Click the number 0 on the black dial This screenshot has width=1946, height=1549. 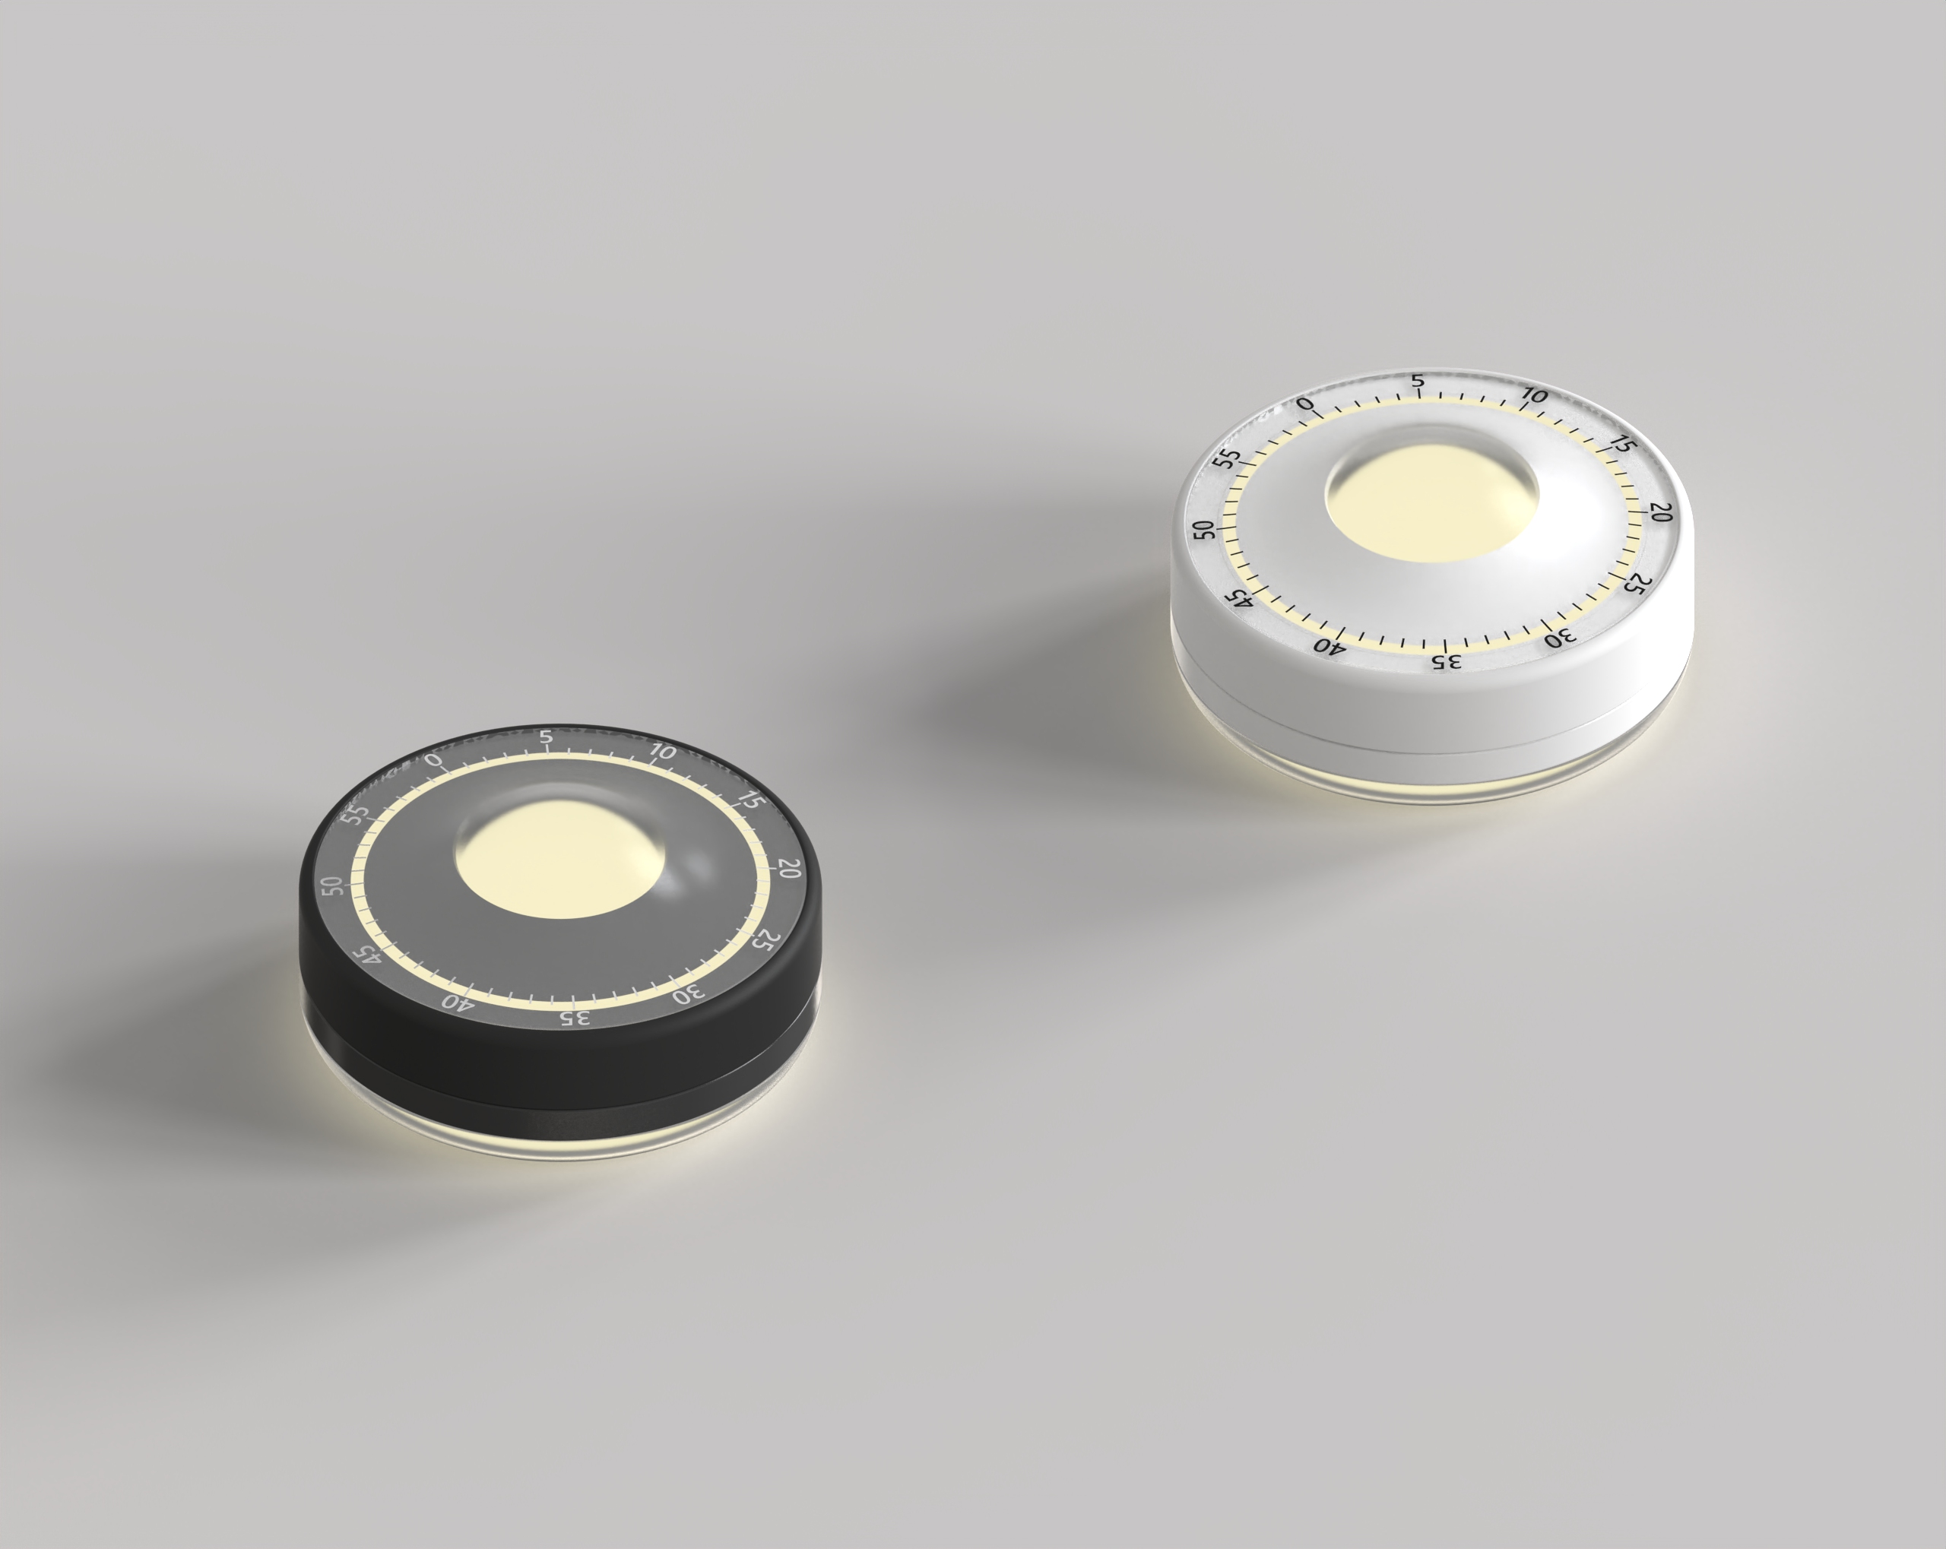434,760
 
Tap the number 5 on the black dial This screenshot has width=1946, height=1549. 545,736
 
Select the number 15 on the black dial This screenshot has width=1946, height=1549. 748,799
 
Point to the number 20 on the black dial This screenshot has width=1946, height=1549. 789,869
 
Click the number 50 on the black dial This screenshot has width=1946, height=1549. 333,885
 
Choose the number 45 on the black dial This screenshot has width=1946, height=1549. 367,955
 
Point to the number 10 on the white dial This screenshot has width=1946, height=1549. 1533,395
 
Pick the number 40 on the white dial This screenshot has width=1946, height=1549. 1330,645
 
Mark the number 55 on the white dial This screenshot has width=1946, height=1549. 1225,458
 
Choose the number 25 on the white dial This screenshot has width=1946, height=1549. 1634,584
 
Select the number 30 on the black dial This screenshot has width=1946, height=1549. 689,995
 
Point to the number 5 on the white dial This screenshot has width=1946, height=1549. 1418,382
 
